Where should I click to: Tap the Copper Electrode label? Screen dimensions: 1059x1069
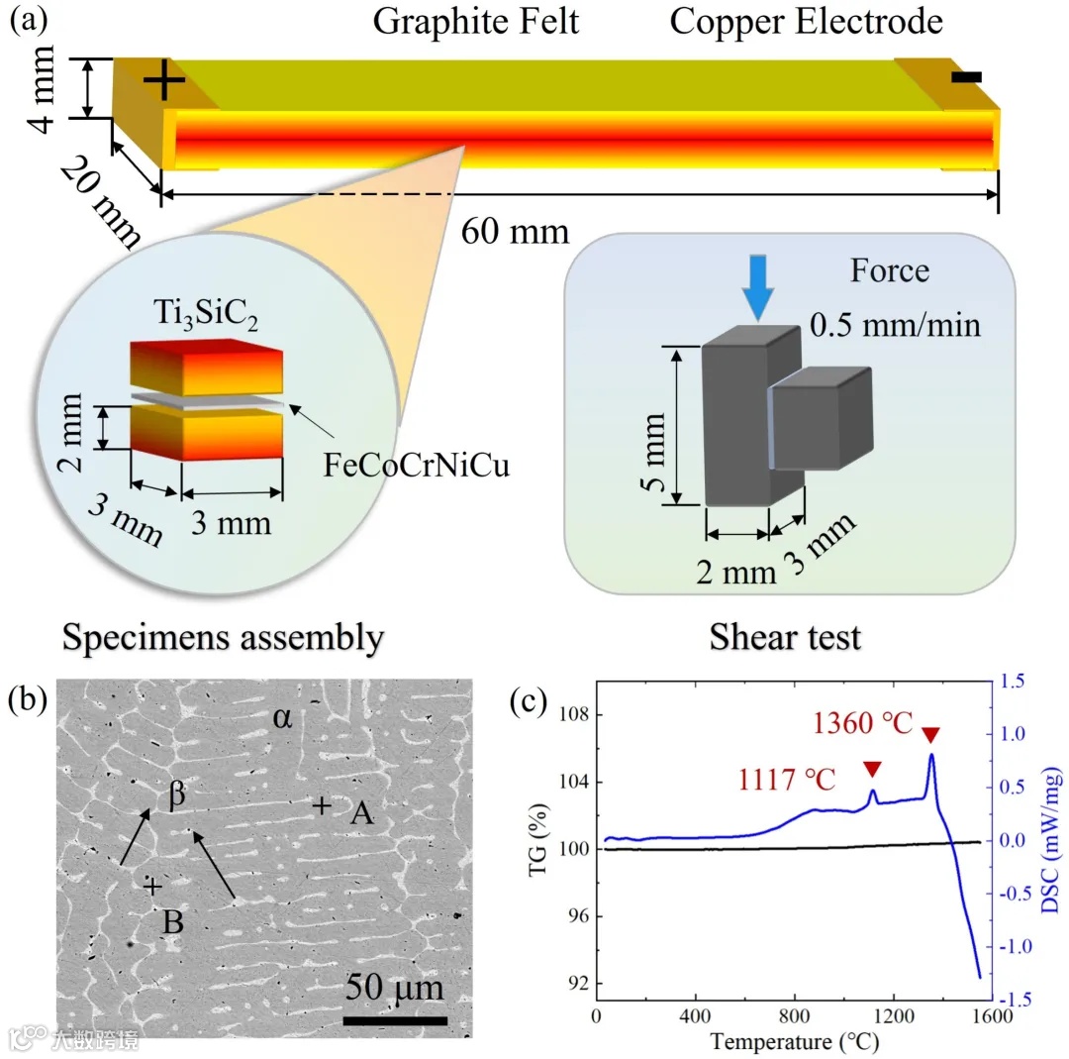[806, 21]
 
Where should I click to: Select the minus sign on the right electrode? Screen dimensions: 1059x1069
[967, 76]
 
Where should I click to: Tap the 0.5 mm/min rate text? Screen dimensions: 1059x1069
[893, 324]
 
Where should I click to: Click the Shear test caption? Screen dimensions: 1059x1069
[785, 638]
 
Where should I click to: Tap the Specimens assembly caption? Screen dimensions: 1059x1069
[223, 638]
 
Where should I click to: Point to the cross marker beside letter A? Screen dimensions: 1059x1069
[321, 806]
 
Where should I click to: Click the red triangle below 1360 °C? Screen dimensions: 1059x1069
[930, 734]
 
